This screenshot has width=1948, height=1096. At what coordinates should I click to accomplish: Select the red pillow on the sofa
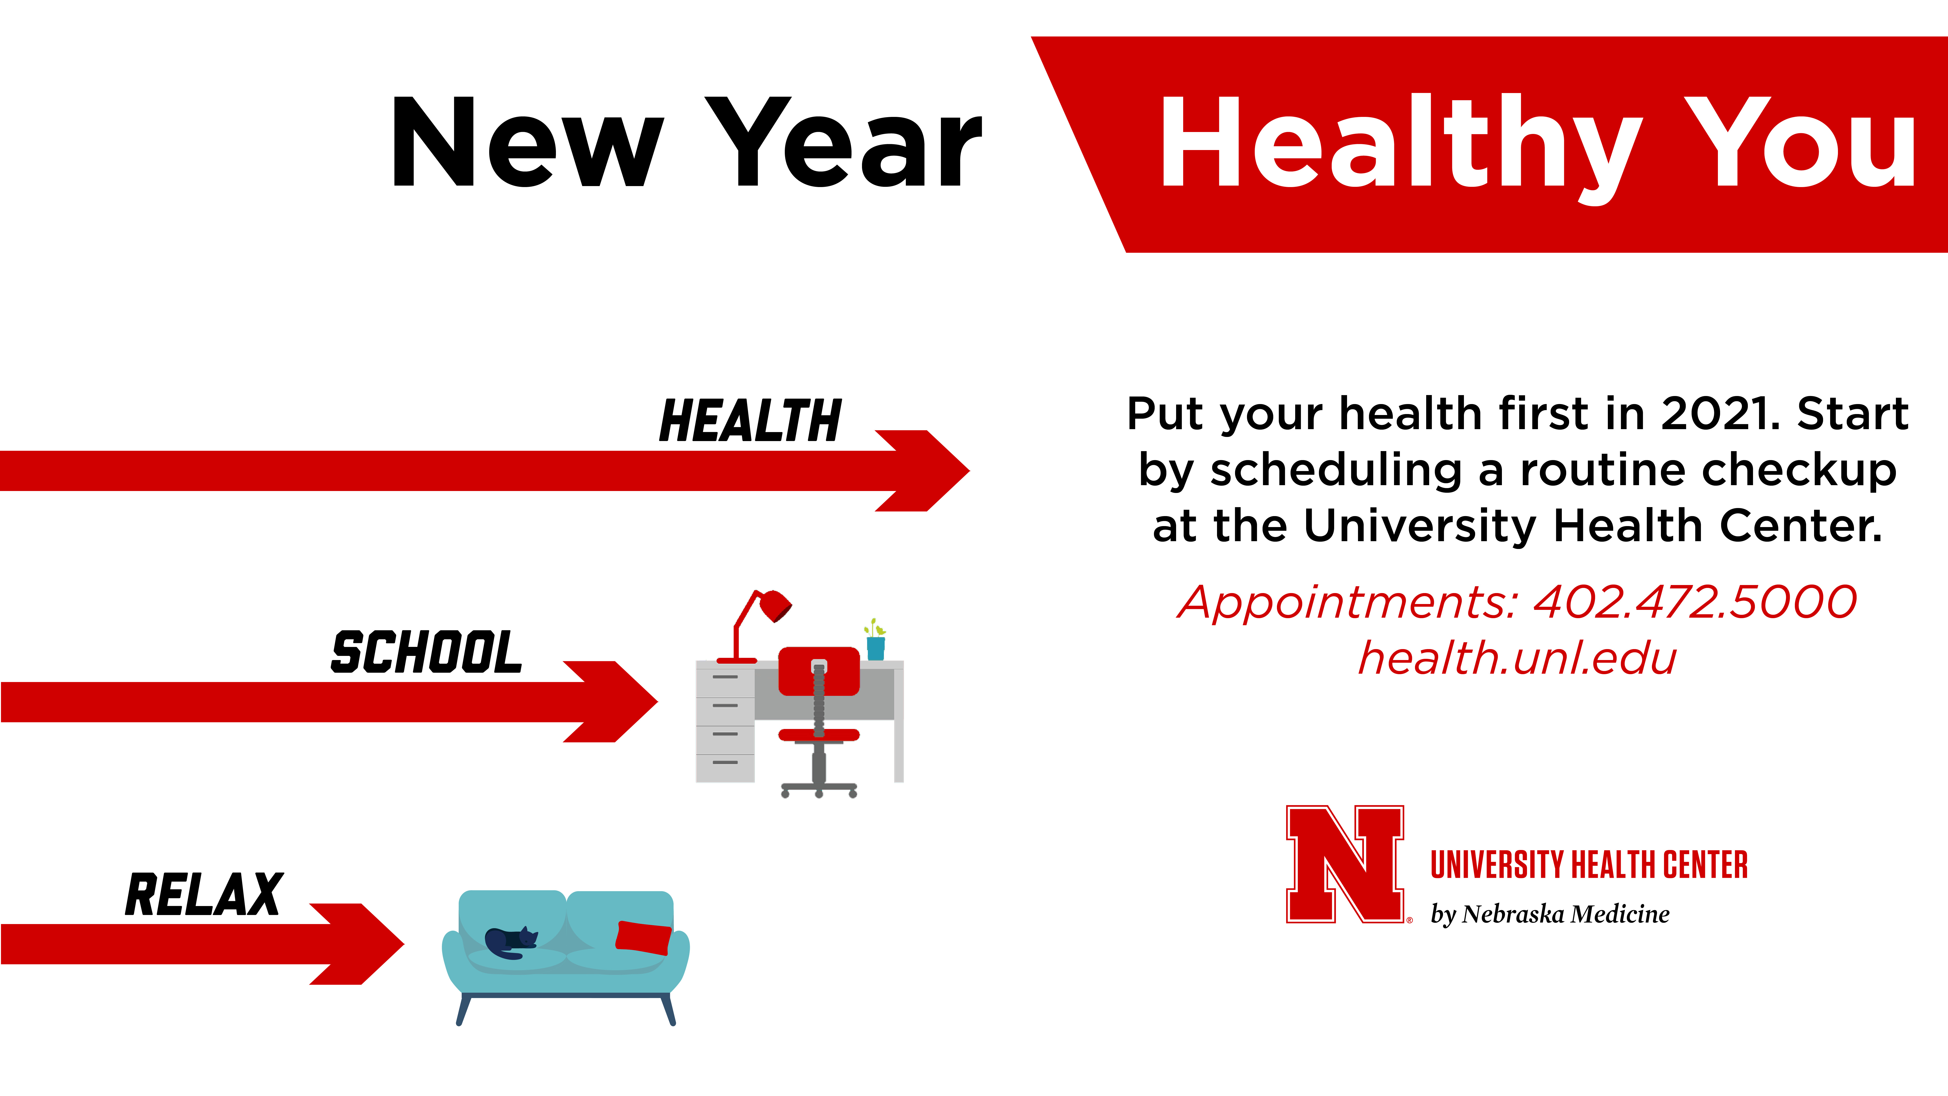point(644,938)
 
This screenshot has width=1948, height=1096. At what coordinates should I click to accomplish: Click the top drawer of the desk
point(725,677)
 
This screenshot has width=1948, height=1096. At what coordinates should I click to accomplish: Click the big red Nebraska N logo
point(1345,864)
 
